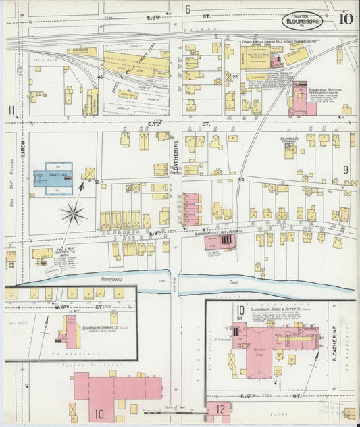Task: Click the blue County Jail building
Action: pos(49,178)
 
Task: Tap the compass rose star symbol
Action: pos(73,215)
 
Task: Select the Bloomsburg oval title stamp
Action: pos(316,20)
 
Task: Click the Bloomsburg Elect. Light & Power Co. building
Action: pos(221,242)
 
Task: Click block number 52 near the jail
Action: pos(97,182)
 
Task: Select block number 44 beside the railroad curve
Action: pos(241,180)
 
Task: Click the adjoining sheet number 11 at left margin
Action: pos(11,111)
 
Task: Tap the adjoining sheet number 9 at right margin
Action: pos(345,170)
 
